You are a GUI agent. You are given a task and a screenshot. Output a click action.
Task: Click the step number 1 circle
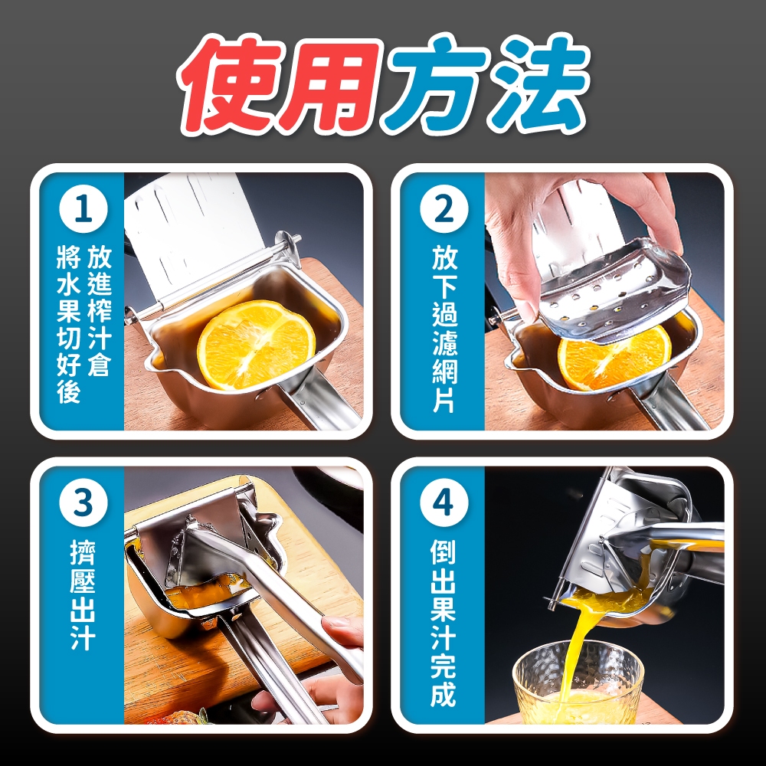click(83, 210)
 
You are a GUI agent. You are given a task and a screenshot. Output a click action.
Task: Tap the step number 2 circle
click(444, 210)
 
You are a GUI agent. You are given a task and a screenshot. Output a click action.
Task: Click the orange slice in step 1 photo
click(256, 344)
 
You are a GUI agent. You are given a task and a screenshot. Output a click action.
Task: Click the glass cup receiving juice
click(577, 684)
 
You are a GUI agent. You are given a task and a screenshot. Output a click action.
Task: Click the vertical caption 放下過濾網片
click(444, 328)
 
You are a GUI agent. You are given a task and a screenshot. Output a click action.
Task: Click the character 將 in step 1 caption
click(68, 257)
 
